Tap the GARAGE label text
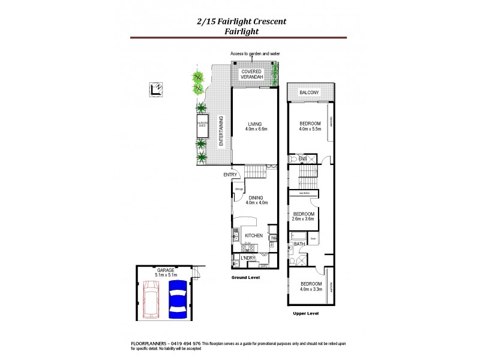pos(165,271)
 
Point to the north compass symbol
pos(155,90)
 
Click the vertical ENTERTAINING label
pos(221,131)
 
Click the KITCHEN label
pos(253,236)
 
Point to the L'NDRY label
pos(248,258)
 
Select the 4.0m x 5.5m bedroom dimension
pos(310,129)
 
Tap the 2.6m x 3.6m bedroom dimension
pos(304,220)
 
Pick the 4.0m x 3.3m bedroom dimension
pos(310,289)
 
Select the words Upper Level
pos(305,314)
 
